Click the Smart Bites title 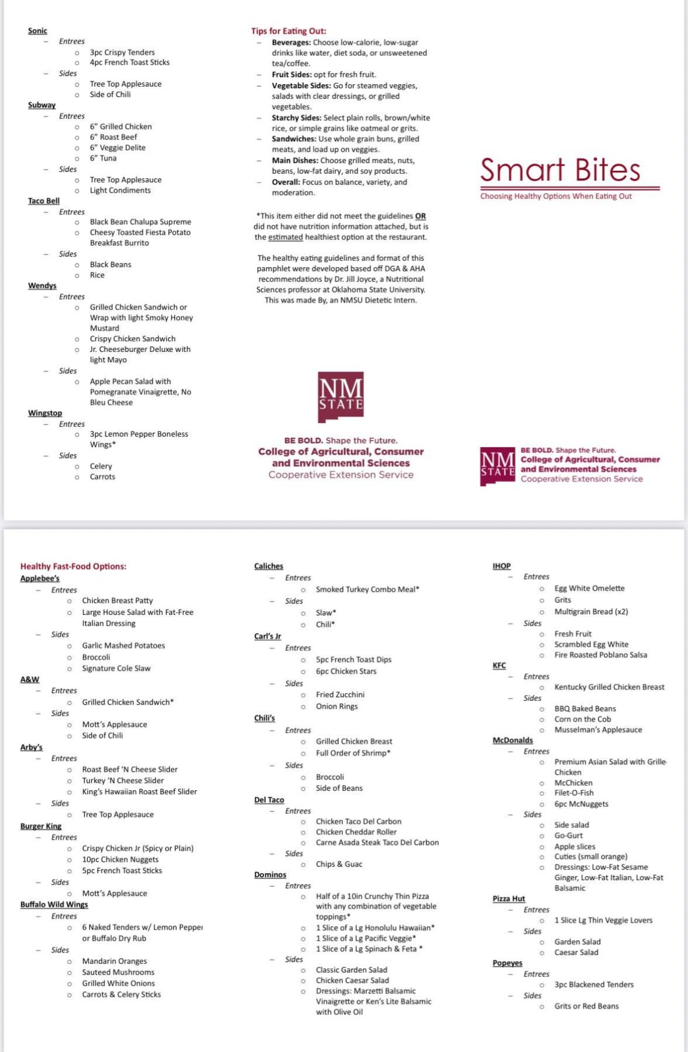[560, 170]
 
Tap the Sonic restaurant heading [38, 31]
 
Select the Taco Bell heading [44, 201]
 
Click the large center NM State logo [340, 397]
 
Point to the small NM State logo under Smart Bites [497, 466]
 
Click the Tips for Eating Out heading [289, 31]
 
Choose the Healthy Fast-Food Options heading [74, 566]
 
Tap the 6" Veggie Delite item [118, 148]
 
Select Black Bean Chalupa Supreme [141, 222]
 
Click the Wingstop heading [45, 413]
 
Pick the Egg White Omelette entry [589, 588]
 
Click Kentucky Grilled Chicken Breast [609, 687]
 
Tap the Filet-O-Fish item [574, 793]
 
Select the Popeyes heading [507, 963]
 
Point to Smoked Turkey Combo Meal [368, 589]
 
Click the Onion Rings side [336, 706]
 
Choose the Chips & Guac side [339, 864]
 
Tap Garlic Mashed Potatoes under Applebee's [123, 645]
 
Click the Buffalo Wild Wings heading [54, 904]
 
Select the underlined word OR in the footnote [420, 216]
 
